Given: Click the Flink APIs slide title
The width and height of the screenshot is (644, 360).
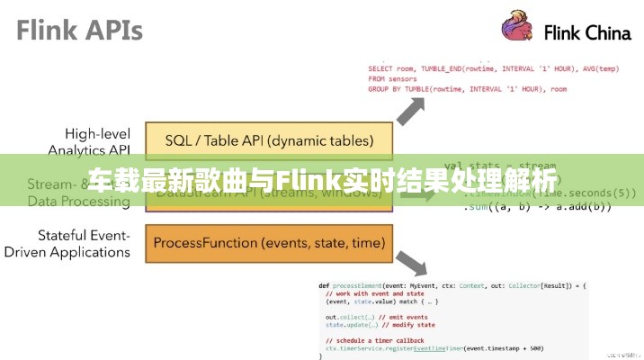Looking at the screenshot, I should [79, 31].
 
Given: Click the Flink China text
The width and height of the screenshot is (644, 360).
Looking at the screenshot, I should [587, 34].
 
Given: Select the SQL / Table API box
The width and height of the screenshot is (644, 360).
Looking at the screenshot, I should [268, 140].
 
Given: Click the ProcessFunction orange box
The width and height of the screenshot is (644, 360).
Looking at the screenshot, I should [268, 243].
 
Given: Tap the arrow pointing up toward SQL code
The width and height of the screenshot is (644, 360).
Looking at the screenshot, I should [411, 112].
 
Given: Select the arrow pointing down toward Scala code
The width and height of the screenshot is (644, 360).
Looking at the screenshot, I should [411, 262].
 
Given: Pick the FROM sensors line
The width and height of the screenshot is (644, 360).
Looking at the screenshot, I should [389, 79].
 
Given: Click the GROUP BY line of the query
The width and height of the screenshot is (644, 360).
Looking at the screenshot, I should [467, 89].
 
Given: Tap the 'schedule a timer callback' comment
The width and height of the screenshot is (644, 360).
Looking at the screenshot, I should [377, 339].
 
